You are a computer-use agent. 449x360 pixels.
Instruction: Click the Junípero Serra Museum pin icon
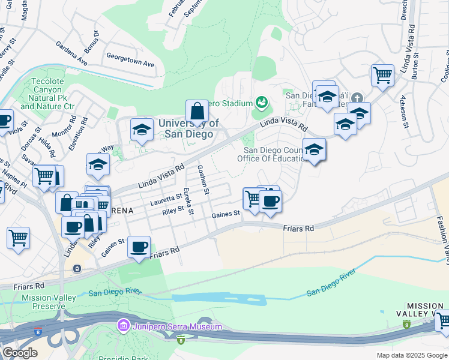123,326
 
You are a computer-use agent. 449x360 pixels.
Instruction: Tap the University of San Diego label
185,128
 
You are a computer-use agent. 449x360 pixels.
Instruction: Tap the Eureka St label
189,201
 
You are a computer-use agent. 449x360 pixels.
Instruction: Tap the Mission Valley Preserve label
48,302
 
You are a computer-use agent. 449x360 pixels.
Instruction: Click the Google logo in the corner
19,352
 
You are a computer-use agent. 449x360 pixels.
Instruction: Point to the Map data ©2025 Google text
411,355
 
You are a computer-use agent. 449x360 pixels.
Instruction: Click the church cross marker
357,98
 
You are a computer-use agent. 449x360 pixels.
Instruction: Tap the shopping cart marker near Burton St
382,76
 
